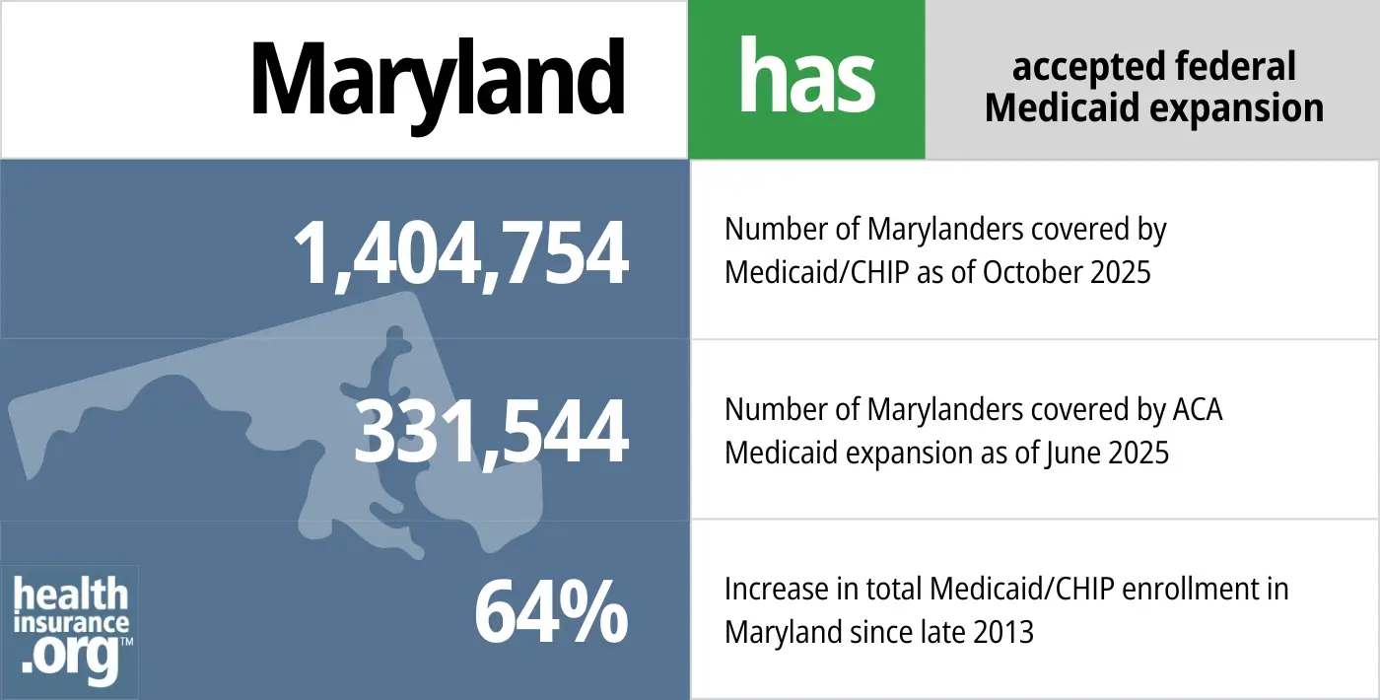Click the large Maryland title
point(437,79)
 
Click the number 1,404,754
point(460,254)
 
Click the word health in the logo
point(71,596)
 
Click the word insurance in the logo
point(71,623)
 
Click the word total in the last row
point(900,590)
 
